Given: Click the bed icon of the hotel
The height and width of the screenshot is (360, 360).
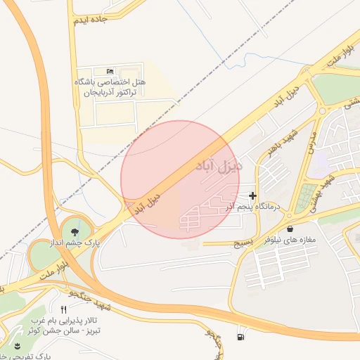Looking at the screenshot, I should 108,72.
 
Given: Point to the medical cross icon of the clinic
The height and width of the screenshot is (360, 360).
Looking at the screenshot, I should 253,195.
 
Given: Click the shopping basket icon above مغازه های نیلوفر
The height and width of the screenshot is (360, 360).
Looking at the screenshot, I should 309,227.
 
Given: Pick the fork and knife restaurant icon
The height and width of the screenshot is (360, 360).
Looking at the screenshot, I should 63,310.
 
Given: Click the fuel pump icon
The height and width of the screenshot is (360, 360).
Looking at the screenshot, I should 242,337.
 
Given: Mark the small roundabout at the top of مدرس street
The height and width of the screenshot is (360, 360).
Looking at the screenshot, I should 323,110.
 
